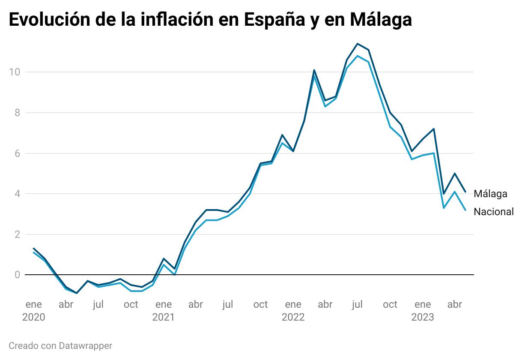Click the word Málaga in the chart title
[x=380, y=20]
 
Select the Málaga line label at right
[x=490, y=194]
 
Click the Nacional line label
[x=493, y=212]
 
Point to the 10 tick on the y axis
[x=15, y=72]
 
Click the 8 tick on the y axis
[x=17, y=112]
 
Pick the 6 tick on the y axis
[x=17, y=153]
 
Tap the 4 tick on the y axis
[x=17, y=194]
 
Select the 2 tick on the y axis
[x=17, y=234]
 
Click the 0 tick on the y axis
[x=17, y=275]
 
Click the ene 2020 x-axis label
[x=34, y=311]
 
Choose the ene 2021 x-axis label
[x=163, y=311]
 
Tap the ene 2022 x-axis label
[x=293, y=311]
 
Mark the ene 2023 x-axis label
[x=423, y=311]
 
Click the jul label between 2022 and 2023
[x=357, y=305]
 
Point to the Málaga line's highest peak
[x=358, y=43]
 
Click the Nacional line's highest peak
[x=358, y=56]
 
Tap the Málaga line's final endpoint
[x=465, y=192]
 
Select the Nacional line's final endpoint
[x=465, y=210]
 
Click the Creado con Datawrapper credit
[x=60, y=345]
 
